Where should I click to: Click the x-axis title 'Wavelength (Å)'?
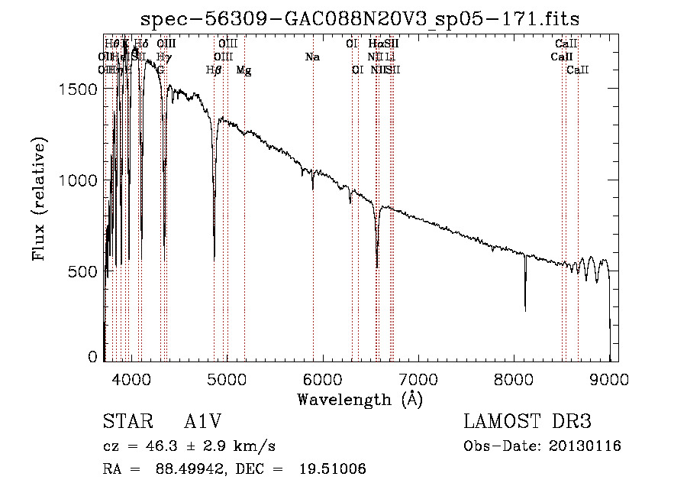[x=360, y=400]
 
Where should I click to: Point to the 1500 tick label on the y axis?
[x=79, y=89]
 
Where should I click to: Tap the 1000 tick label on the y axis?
[x=79, y=180]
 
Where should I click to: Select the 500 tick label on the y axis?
[x=83, y=271]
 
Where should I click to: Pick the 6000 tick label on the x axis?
[x=322, y=378]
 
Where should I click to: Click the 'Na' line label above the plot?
[x=312, y=57]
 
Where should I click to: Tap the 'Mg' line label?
[x=244, y=70]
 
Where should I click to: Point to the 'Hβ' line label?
[x=214, y=70]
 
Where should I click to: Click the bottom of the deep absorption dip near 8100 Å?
[x=525, y=309]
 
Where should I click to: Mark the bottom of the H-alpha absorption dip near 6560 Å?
[x=377, y=267]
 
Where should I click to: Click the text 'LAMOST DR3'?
[x=527, y=423]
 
